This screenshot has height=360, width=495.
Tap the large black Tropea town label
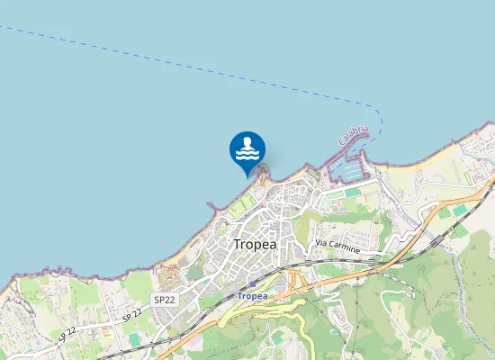[x=255, y=244]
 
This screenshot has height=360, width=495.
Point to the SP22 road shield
[x=164, y=300]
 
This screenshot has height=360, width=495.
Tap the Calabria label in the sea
[x=353, y=136]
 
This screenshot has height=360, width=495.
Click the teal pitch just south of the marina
[x=335, y=193]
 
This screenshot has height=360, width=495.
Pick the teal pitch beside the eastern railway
[x=460, y=210]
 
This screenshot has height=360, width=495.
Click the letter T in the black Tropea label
[x=238, y=244]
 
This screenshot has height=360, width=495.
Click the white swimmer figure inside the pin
[x=247, y=148]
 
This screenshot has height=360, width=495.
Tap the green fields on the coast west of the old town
[x=236, y=209]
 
